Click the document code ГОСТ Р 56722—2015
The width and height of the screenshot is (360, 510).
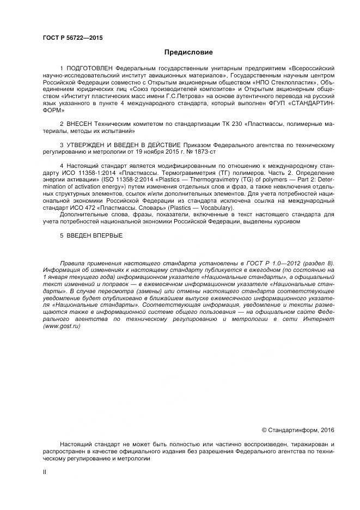tap(72, 38)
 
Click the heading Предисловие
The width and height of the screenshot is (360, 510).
tap(188, 52)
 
